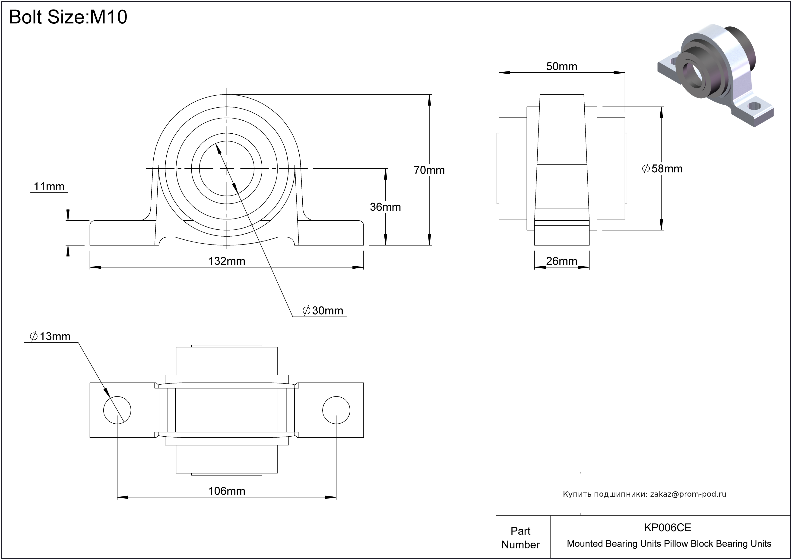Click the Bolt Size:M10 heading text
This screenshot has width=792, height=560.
click(x=68, y=17)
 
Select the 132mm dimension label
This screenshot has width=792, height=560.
click(x=226, y=261)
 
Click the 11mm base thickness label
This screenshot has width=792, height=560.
click(x=49, y=187)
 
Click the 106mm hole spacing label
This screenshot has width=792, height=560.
click(x=226, y=491)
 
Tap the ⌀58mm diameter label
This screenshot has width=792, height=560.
click(x=662, y=169)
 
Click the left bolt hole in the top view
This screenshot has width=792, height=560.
click(x=117, y=410)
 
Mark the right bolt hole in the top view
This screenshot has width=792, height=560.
click(x=336, y=410)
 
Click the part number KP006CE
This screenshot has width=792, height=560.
click(x=668, y=528)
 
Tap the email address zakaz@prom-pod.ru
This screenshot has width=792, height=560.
click(x=688, y=494)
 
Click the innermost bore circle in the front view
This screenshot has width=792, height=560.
click(x=226, y=168)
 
